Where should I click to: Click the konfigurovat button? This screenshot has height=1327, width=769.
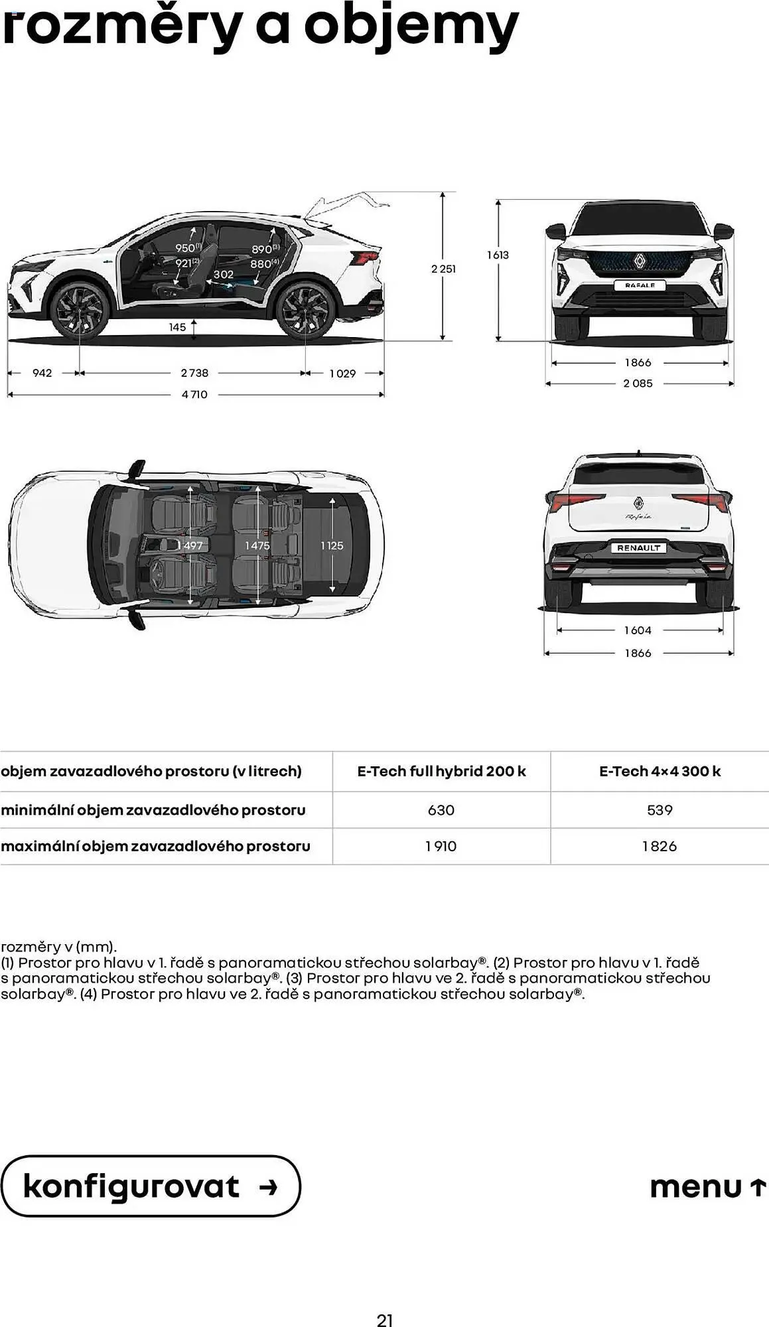click(150, 1186)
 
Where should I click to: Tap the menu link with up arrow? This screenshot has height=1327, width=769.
click(707, 1186)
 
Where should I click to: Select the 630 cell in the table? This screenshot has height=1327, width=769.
click(441, 809)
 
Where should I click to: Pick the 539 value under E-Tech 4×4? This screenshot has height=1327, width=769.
click(660, 809)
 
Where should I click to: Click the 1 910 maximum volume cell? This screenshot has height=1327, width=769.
click(441, 846)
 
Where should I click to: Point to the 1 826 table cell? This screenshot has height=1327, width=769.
click(660, 846)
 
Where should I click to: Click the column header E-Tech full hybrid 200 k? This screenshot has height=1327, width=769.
click(441, 771)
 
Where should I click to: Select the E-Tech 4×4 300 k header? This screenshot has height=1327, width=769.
click(660, 771)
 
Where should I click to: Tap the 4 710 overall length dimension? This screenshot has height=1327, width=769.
click(194, 394)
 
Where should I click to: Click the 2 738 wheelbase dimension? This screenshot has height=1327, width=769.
click(194, 373)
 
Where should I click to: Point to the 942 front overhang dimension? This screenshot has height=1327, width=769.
click(42, 373)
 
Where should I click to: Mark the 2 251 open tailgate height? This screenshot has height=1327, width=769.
click(443, 269)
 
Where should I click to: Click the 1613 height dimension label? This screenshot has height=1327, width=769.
click(498, 255)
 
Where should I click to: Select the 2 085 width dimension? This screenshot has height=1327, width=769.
click(638, 384)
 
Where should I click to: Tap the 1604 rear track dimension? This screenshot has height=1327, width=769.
click(638, 630)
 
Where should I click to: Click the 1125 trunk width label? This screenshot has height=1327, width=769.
click(332, 545)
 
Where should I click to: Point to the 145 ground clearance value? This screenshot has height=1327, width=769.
click(177, 327)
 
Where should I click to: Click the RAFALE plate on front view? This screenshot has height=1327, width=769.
click(640, 285)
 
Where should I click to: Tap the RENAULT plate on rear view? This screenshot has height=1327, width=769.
click(638, 548)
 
